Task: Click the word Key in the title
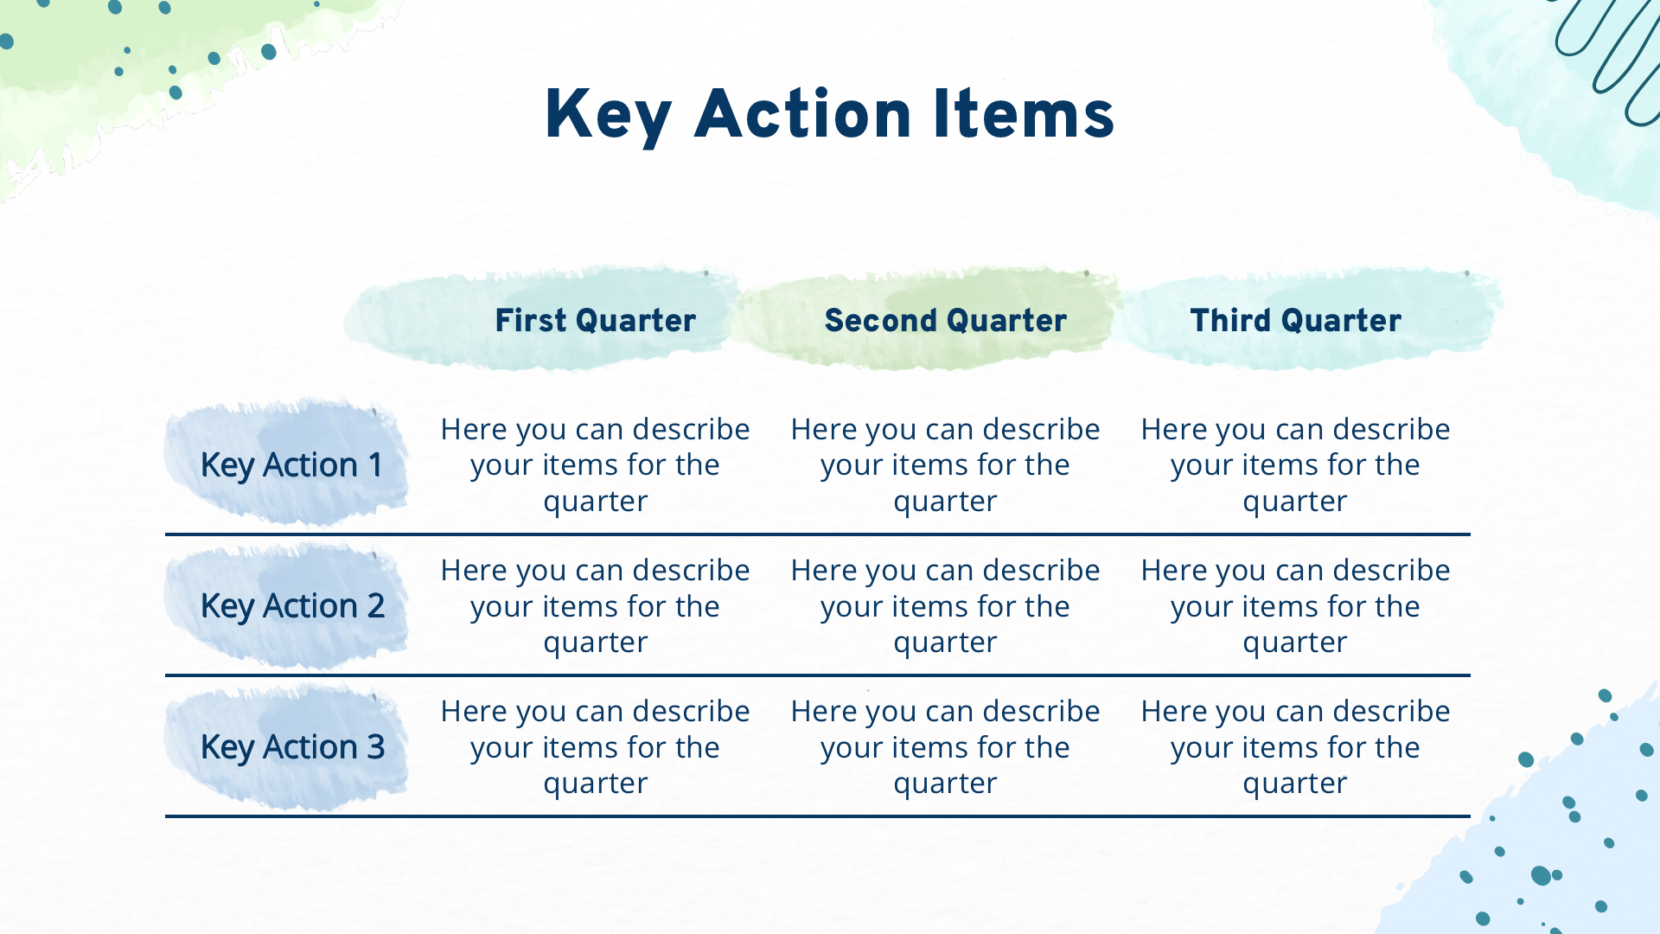[x=608, y=116]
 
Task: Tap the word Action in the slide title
[x=802, y=114]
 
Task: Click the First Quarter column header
[x=595, y=320]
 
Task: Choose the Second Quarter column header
[x=945, y=320]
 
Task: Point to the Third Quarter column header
[x=1295, y=320]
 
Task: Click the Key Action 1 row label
[x=291, y=465]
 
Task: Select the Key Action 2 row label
[x=292, y=606]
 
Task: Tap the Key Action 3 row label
[x=292, y=747]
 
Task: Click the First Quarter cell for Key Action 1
[x=595, y=465]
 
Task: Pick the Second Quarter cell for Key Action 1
[x=945, y=465]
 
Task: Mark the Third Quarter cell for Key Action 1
[x=1295, y=465]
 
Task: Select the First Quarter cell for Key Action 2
[x=595, y=606]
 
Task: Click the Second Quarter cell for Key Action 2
[x=945, y=606]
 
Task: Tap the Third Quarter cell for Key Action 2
[x=1295, y=606]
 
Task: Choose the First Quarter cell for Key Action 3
[x=595, y=747]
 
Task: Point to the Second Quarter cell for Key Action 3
[x=945, y=747]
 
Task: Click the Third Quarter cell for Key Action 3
[x=1295, y=747]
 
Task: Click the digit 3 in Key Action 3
[x=375, y=747]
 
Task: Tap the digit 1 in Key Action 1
[x=375, y=465]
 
